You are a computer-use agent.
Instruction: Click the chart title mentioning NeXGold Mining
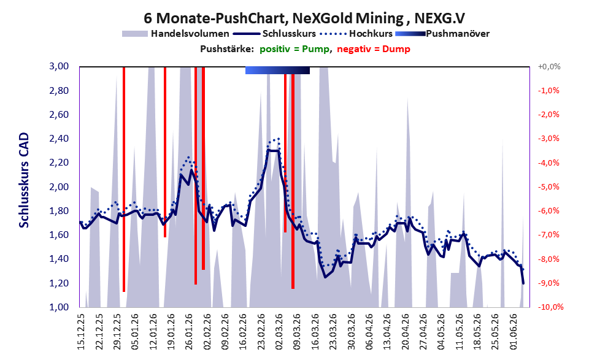[304, 18]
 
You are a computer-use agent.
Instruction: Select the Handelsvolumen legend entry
[175, 34]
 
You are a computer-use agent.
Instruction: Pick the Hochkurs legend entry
[356, 34]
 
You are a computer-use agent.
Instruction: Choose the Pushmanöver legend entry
[442, 34]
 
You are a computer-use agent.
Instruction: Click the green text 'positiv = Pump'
[294, 49]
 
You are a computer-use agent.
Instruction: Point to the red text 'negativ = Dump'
[374, 49]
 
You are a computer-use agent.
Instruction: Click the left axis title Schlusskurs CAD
[24, 180]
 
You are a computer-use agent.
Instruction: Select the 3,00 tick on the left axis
[59, 66]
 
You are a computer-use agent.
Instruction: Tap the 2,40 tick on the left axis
[59, 139]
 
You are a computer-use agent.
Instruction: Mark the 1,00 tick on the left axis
[59, 307]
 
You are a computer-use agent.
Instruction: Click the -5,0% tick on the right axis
[548, 187]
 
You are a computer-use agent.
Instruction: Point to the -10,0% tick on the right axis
[550, 307]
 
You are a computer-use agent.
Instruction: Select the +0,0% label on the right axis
[549, 67]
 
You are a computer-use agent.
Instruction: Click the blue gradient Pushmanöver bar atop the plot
[278, 70]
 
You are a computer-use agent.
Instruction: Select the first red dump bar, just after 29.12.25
[124, 179]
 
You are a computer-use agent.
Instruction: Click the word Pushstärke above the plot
[227, 49]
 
